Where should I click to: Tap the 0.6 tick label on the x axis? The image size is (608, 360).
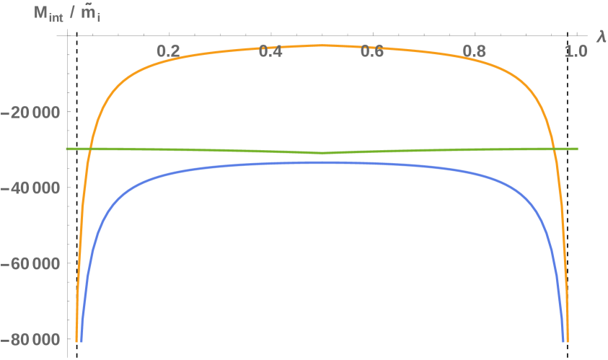point(373,52)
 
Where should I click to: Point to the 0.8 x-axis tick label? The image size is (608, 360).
point(475,52)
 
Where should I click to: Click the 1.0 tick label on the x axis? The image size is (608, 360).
point(576,52)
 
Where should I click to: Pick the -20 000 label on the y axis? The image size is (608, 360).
point(32,112)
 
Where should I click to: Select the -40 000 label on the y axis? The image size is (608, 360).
point(32,188)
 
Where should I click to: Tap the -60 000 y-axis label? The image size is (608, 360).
point(32,263)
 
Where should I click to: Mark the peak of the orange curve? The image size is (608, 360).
point(322,45)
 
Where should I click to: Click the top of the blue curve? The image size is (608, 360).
point(322,162)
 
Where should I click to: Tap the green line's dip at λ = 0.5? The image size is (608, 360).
point(322,152)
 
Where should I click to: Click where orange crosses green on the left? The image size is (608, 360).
point(90,149)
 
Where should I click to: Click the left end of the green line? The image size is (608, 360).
point(66,149)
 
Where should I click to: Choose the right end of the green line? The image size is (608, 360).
point(578,149)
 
